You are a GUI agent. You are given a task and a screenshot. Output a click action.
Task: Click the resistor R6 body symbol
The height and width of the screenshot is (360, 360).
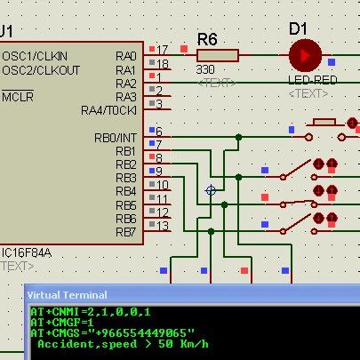(x=219, y=55)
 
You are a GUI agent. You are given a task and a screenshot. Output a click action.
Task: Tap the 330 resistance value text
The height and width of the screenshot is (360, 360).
(x=205, y=69)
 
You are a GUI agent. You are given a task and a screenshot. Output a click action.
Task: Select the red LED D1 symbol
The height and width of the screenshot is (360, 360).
(x=304, y=55)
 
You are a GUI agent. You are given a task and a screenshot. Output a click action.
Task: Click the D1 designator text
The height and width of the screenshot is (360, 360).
(x=298, y=28)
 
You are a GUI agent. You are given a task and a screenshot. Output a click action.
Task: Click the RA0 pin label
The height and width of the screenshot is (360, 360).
(x=125, y=56)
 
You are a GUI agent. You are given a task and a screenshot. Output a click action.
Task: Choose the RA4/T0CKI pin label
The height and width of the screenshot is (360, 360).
(x=108, y=110)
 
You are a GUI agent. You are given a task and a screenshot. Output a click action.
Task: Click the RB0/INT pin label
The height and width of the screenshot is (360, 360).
(x=116, y=138)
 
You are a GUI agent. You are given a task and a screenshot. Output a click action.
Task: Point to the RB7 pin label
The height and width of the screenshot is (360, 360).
(x=125, y=232)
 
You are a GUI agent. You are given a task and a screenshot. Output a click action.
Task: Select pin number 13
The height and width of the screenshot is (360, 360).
(x=162, y=226)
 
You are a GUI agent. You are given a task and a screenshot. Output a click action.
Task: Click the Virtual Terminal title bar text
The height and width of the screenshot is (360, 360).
(x=68, y=294)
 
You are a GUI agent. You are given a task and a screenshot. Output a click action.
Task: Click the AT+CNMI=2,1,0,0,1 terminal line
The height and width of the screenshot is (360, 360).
(x=91, y=311)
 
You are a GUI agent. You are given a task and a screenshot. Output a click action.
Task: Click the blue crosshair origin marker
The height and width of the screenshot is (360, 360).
(x=211, y=190)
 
